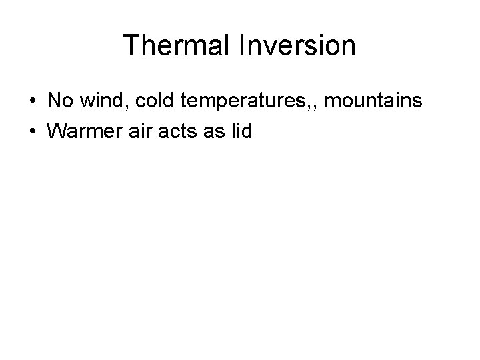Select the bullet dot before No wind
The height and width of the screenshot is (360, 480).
tap(32, 102)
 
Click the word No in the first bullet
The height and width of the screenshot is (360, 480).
tap(59, 101)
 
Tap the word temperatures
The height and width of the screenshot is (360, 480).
tap(243, 102)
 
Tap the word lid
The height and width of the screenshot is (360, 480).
tap(239, 131)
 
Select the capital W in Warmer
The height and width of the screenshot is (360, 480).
tap(58, 131)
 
